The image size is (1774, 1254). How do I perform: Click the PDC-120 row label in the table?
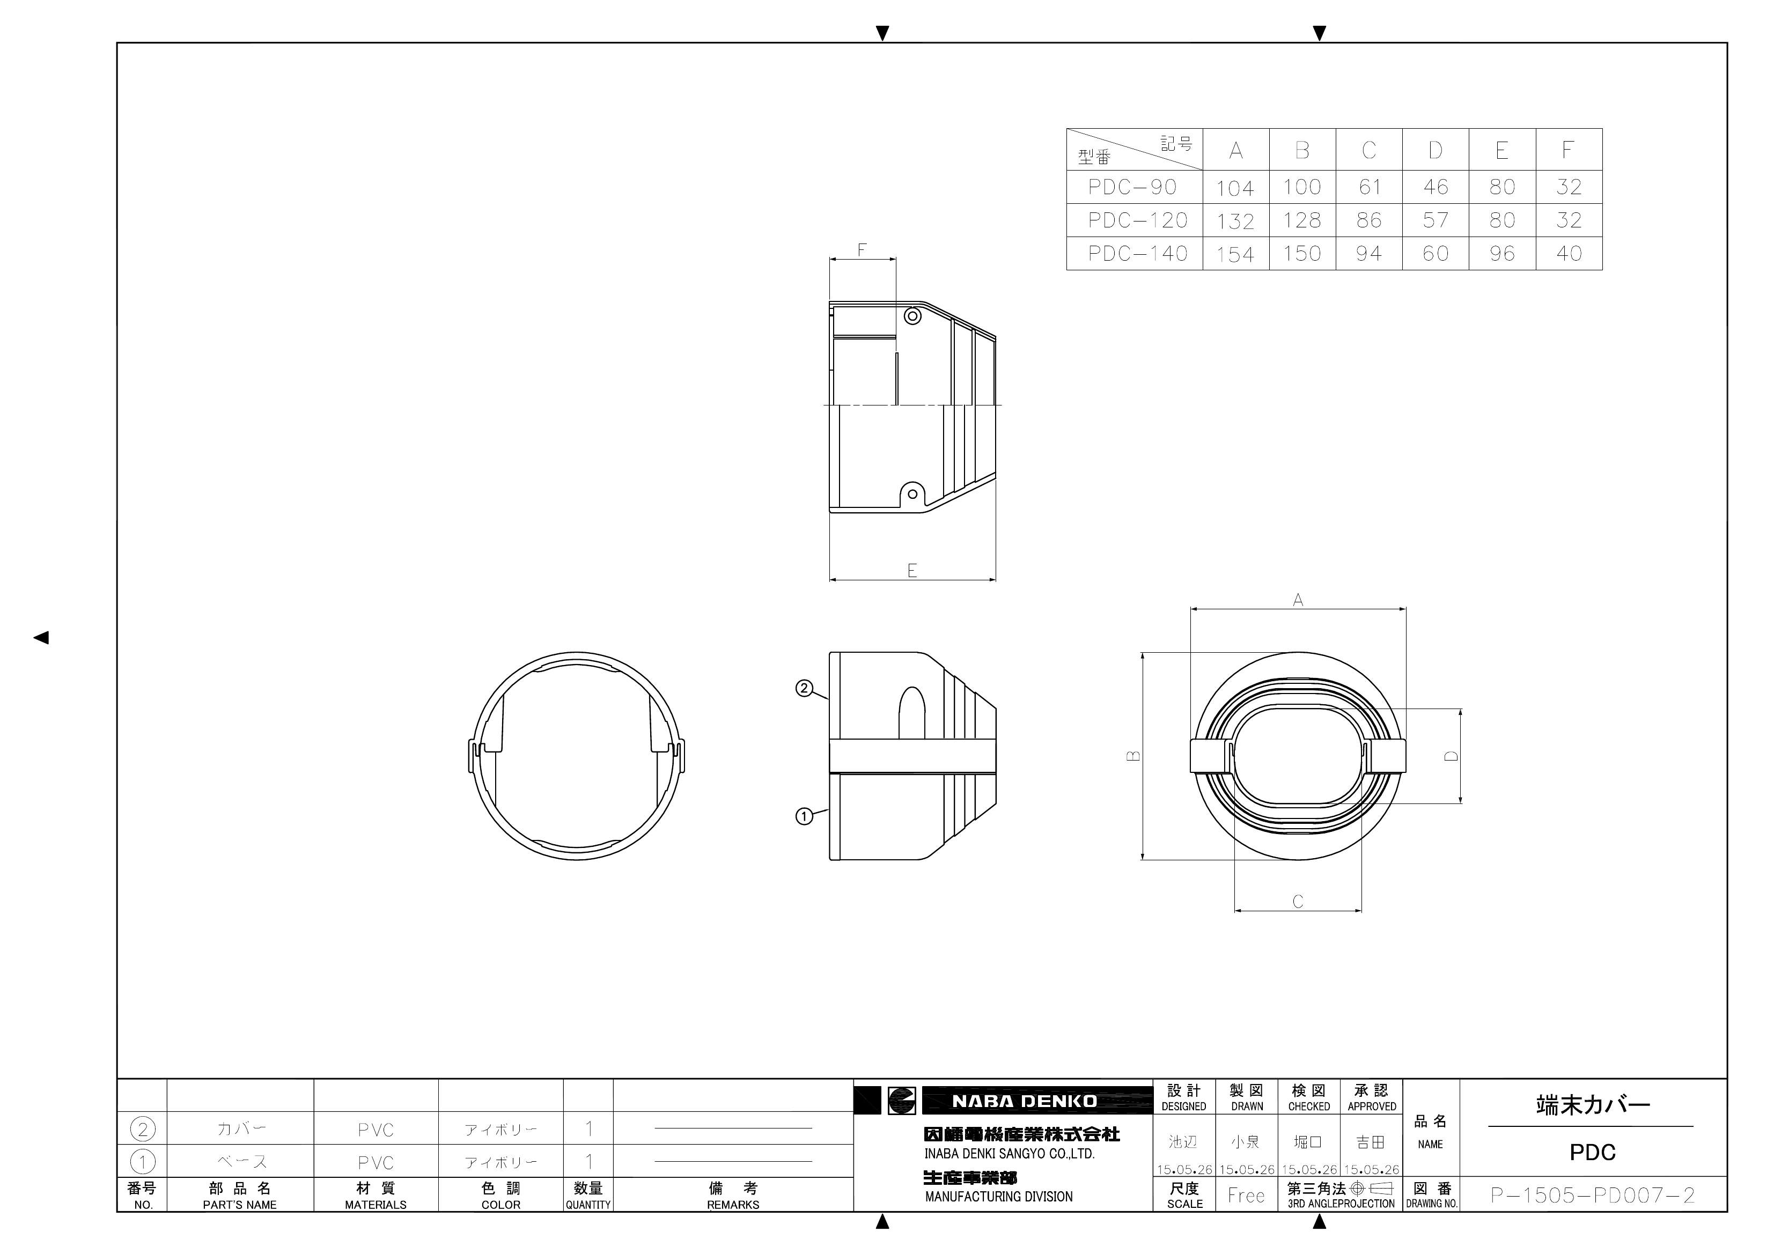pos(1137,220)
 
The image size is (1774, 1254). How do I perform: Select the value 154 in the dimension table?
pos(1235,254)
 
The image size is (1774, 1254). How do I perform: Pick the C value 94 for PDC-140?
pos(1368,253)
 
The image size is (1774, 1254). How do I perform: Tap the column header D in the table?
pos(1435,150)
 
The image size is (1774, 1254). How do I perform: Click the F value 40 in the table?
pos(1569,253)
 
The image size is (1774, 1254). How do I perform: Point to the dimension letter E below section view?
pos(912,570)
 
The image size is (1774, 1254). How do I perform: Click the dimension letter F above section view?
pos(862,249)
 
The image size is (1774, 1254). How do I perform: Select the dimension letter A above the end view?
pos(1298,600)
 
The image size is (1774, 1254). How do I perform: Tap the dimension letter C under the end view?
pos(1298,901)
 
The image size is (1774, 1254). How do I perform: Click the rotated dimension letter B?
pos(1133,756)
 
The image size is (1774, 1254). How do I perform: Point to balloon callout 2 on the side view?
pos(804,688)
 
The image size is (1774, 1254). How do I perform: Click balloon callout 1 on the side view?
pos(804,816)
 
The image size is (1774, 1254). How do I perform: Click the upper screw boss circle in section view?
pos(912,316)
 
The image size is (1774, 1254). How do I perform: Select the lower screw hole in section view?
pos(912,494)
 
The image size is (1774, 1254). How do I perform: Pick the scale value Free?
pos(1246,1196)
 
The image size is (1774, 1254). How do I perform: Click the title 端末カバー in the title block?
pos(1593,1105)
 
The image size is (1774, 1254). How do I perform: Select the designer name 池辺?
pos(1183,1142)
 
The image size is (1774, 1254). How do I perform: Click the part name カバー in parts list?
pos(240,1129)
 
